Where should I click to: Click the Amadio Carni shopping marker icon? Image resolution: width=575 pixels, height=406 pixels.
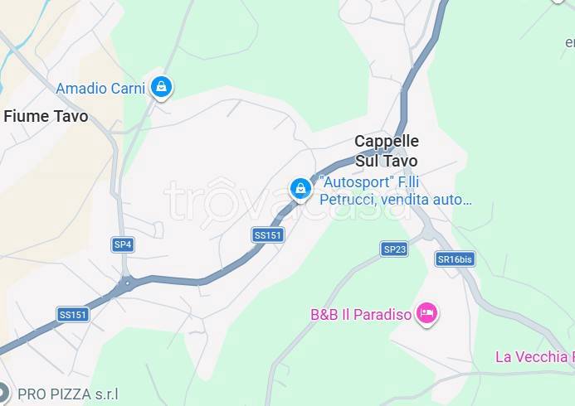pyautogui.click(x=161, y=85)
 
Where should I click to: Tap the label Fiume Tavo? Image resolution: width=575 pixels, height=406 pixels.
pyautogui.click(x=46, y=117)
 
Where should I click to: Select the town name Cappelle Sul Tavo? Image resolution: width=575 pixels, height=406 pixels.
pyautogui.click(x=387, y=151)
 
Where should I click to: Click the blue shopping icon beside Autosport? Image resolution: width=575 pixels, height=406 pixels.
pyautogui.click(x=300, y=189)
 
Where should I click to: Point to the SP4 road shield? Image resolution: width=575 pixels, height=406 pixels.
pyautogui.click(x=123, y=244)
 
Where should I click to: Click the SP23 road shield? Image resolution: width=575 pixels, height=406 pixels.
pyautogui.click(x=394, y=249)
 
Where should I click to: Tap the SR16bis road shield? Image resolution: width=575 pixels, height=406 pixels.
pyautogui.click(x=455, y=259)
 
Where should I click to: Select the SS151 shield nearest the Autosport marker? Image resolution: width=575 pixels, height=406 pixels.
pyautogui.click(x=268, y=235)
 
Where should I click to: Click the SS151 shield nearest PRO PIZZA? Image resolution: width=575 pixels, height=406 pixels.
pyautogui.click(x=73, y=314)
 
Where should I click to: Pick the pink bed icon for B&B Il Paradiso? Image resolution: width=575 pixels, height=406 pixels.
pyautogui.click(x=427, y=312)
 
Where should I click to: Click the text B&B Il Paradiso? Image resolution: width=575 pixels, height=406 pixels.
pyautogui.click(x=361, y=315)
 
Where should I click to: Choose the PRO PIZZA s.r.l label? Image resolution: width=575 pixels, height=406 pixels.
pyautogui.click(x=68, y=394)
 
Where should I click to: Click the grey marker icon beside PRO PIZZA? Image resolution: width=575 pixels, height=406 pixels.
pyautogui.click(x=3, y=392)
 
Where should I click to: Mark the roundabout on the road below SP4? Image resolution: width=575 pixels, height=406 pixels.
pyautogui.click(x=126, y=283)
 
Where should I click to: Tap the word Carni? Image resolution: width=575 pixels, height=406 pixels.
pyautogui.click(x=131, y=88)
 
